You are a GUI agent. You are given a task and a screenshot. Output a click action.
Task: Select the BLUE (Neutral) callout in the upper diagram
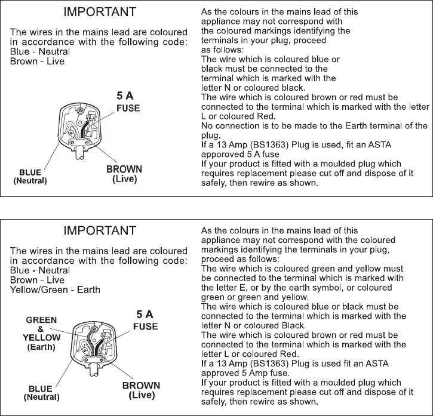point(30,176)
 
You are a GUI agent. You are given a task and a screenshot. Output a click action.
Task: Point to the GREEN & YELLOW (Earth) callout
point(41,334)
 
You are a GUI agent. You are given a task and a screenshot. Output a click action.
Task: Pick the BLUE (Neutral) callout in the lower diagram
point(41,392)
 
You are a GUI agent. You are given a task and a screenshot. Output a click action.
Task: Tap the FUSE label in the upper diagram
point(127,108)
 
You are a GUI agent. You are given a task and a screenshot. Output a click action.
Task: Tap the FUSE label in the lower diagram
point(145,327)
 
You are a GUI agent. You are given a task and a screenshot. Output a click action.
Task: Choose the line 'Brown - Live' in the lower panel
point(36,280)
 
